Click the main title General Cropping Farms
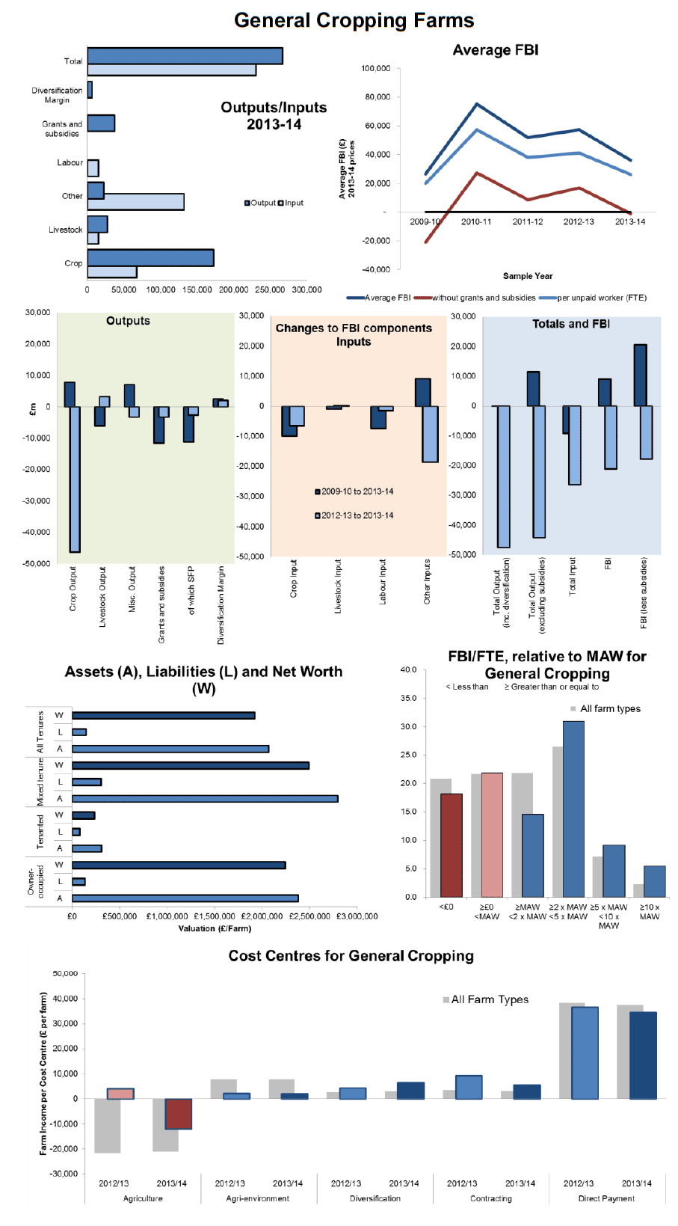[354, 20]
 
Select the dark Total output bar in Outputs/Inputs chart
[185, 56]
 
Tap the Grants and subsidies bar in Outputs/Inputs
[101, 123]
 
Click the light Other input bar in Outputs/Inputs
[135, 202]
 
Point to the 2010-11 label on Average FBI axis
[476, 221]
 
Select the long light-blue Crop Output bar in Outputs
[75, 479]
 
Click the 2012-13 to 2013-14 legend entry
[354, 515]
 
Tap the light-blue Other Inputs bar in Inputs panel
[431, 434]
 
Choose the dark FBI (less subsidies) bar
[641, 376]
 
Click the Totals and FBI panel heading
[571, 324]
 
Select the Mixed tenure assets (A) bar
[205, 799]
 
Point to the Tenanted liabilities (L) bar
[76, 832]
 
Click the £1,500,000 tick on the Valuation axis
[215, 916]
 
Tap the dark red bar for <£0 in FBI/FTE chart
[452, 845]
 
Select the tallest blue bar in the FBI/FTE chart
[573, 809]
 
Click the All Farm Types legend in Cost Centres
[486, 999]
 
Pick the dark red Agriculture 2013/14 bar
[178, 1114]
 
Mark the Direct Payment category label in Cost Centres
[607, 1198]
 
